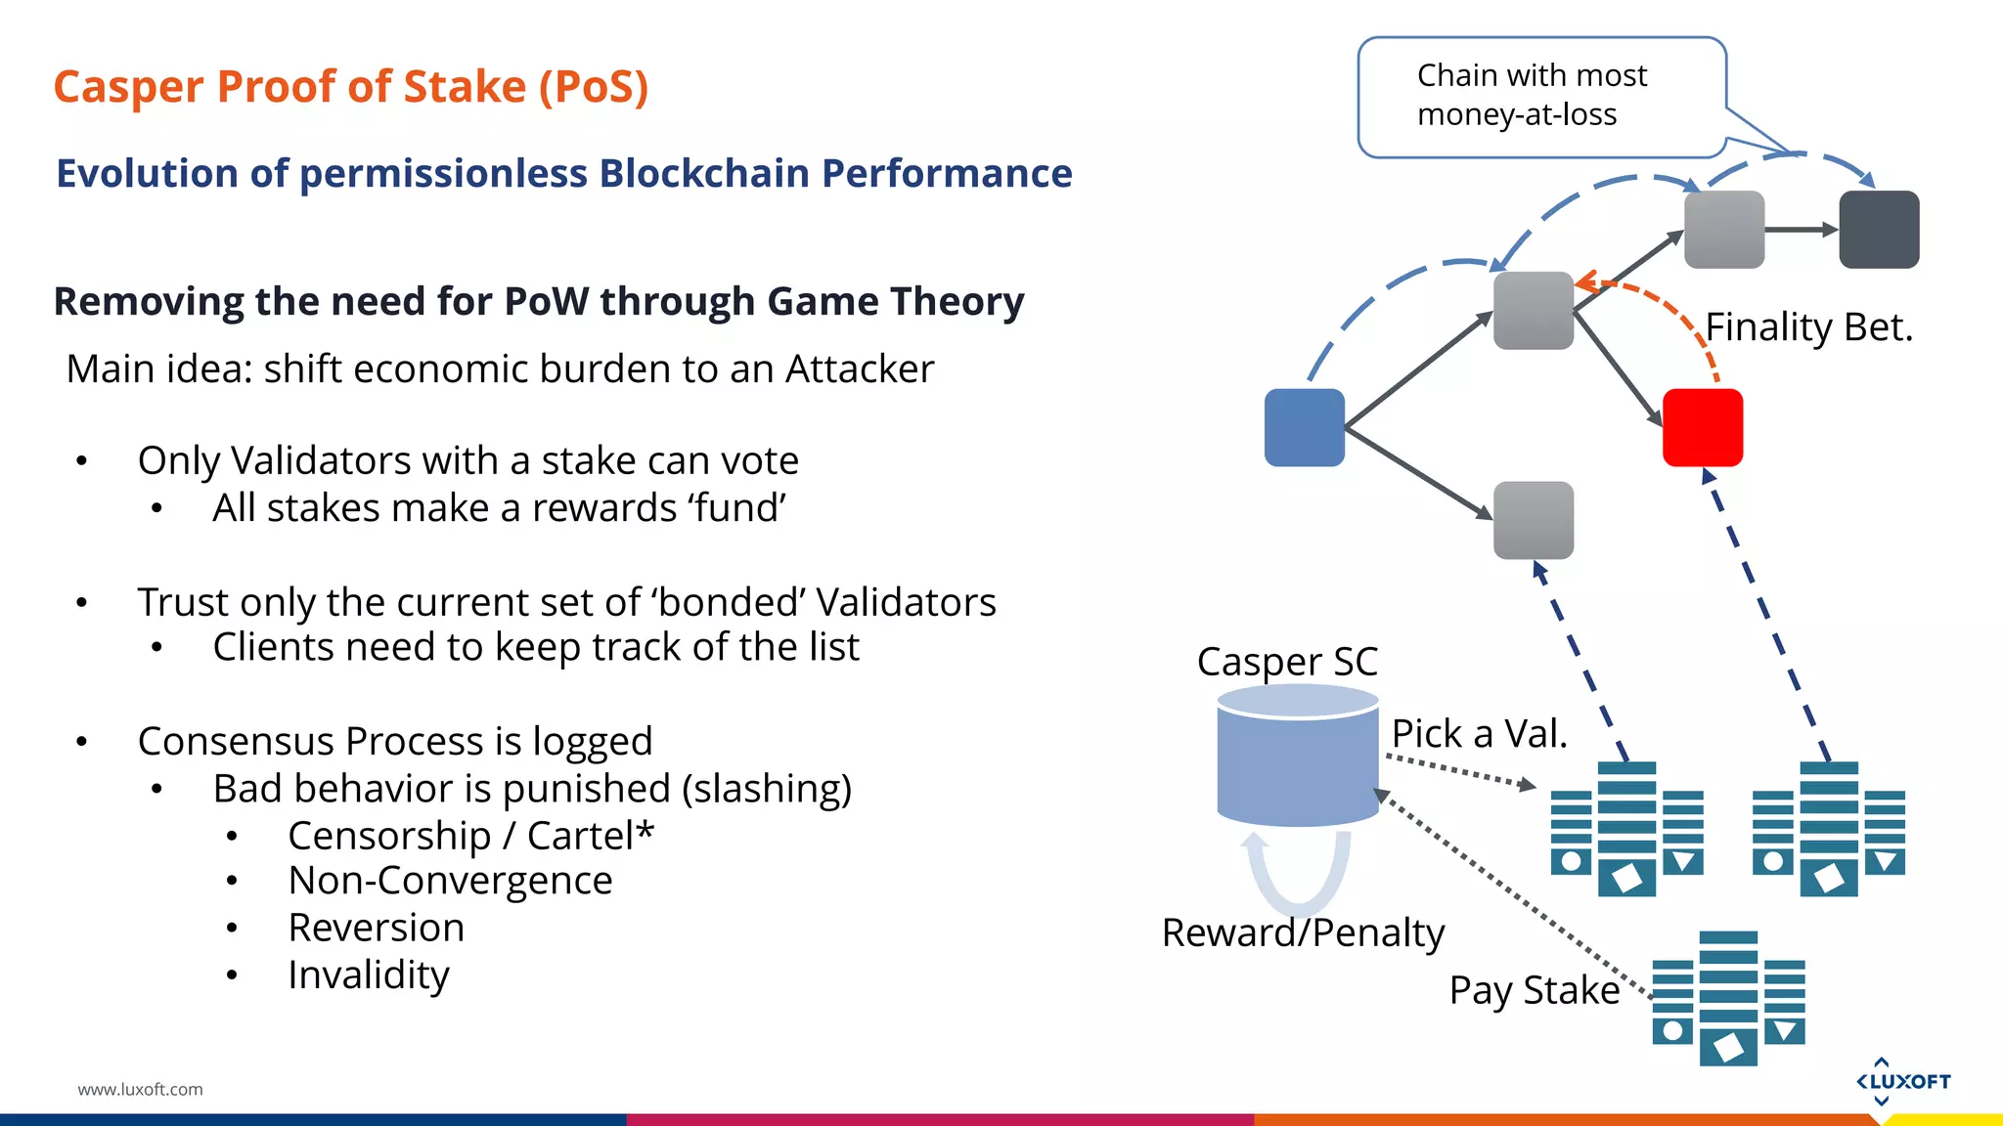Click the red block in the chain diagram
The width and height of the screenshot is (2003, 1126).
1702,427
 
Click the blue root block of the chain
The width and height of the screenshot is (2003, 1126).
1304,427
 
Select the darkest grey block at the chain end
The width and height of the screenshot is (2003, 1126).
1879,230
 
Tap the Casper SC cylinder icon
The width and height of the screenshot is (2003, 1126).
1298,756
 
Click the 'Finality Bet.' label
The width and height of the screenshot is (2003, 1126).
1808,326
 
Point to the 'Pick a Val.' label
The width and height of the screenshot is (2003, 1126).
1479,733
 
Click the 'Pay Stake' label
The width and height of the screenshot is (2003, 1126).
1534,990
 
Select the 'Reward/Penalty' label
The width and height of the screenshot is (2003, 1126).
1303,932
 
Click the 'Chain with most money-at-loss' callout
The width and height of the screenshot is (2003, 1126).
1540,96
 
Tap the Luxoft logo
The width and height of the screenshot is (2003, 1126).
1902,1081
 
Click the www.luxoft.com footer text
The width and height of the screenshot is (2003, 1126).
140,1089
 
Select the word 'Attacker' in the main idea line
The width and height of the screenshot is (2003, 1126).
860,369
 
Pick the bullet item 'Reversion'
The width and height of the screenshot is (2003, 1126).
376,928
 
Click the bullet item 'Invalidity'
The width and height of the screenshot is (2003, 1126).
369,974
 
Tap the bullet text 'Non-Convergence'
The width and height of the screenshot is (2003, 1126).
450,881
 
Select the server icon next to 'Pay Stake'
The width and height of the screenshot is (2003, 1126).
1728,998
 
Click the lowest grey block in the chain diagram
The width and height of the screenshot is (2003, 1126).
1533,520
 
